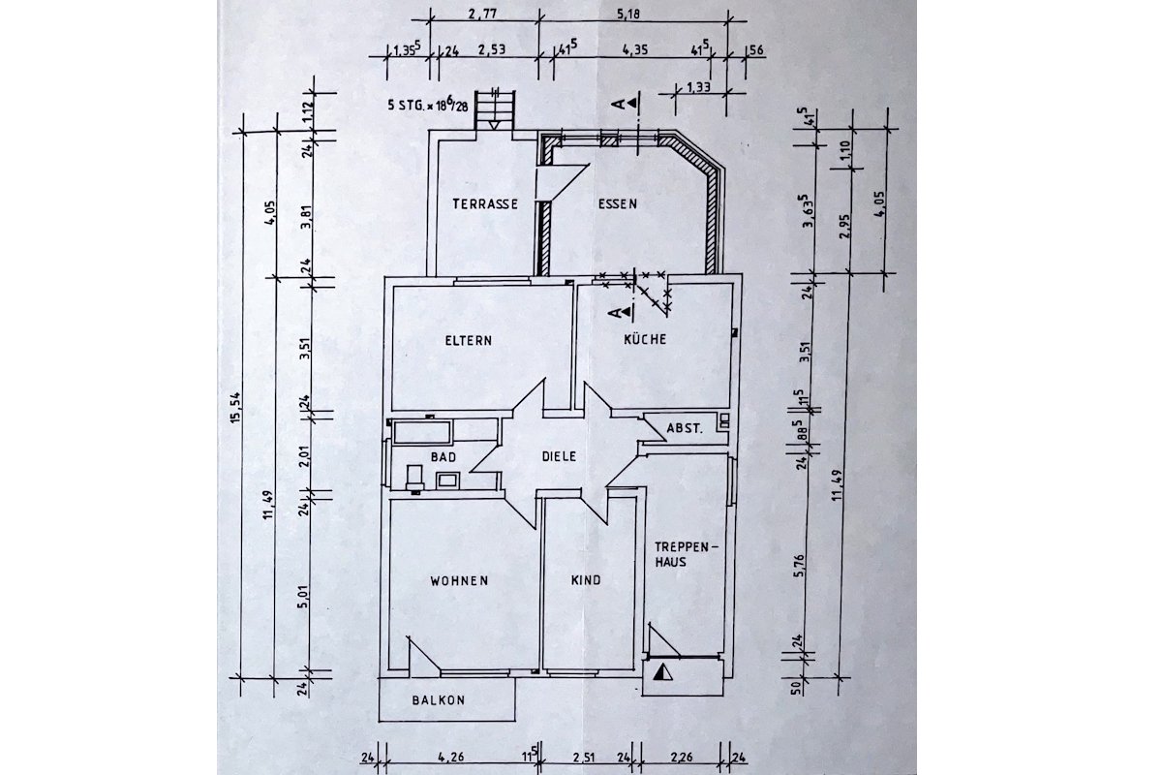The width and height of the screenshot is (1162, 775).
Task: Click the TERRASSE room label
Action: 485,204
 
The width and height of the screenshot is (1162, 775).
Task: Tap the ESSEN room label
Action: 618,204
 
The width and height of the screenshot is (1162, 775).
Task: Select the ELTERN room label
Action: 469,341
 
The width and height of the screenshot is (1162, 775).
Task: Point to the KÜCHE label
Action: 645,339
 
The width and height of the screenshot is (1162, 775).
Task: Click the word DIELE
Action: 560,456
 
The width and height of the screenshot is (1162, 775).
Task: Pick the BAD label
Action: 443,457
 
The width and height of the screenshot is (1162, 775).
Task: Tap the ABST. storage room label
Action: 685,429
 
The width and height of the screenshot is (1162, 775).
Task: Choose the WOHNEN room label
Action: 459,580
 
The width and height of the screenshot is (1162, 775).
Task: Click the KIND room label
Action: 586,580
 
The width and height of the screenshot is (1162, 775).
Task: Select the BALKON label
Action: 439,700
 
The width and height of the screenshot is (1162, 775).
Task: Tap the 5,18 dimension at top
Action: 628,14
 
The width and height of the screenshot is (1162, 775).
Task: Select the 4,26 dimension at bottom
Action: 451,757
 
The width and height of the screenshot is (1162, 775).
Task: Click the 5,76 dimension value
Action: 799,566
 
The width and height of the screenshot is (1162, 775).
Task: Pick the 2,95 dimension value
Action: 846,226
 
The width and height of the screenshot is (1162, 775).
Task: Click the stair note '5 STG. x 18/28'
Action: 428,105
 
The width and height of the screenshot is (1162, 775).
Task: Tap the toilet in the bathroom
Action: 414,479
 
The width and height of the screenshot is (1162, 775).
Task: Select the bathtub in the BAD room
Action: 422,432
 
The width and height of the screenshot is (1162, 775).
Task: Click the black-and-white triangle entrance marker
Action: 663,672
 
